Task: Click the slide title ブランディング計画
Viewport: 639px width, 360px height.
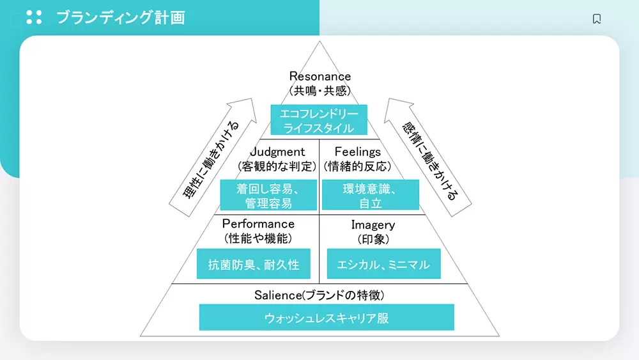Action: point(121,17)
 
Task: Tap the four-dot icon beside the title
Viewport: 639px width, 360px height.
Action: point(34,17)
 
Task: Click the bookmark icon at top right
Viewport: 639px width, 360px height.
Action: point(597,19)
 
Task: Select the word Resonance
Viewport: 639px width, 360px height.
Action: point(320,77)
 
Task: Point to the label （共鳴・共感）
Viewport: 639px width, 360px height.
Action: point(320,91)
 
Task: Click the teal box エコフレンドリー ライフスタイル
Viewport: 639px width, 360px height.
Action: point(319,120)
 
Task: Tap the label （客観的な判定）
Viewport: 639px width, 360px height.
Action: point(277,167)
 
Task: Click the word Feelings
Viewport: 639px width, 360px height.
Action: point(358,152)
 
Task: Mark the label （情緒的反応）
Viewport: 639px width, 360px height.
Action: point(358,167)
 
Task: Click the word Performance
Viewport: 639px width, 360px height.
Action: point(258,224)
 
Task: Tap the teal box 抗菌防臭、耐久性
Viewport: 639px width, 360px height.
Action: point(254,264)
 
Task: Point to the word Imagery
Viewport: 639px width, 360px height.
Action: point(373,225)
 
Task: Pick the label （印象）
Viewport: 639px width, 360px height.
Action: point(373,239)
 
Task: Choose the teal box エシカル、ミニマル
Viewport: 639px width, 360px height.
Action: point(383,264)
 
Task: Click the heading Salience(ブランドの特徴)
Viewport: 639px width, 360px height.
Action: point(319,295)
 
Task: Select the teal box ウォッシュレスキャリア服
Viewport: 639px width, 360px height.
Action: point(327,317)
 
